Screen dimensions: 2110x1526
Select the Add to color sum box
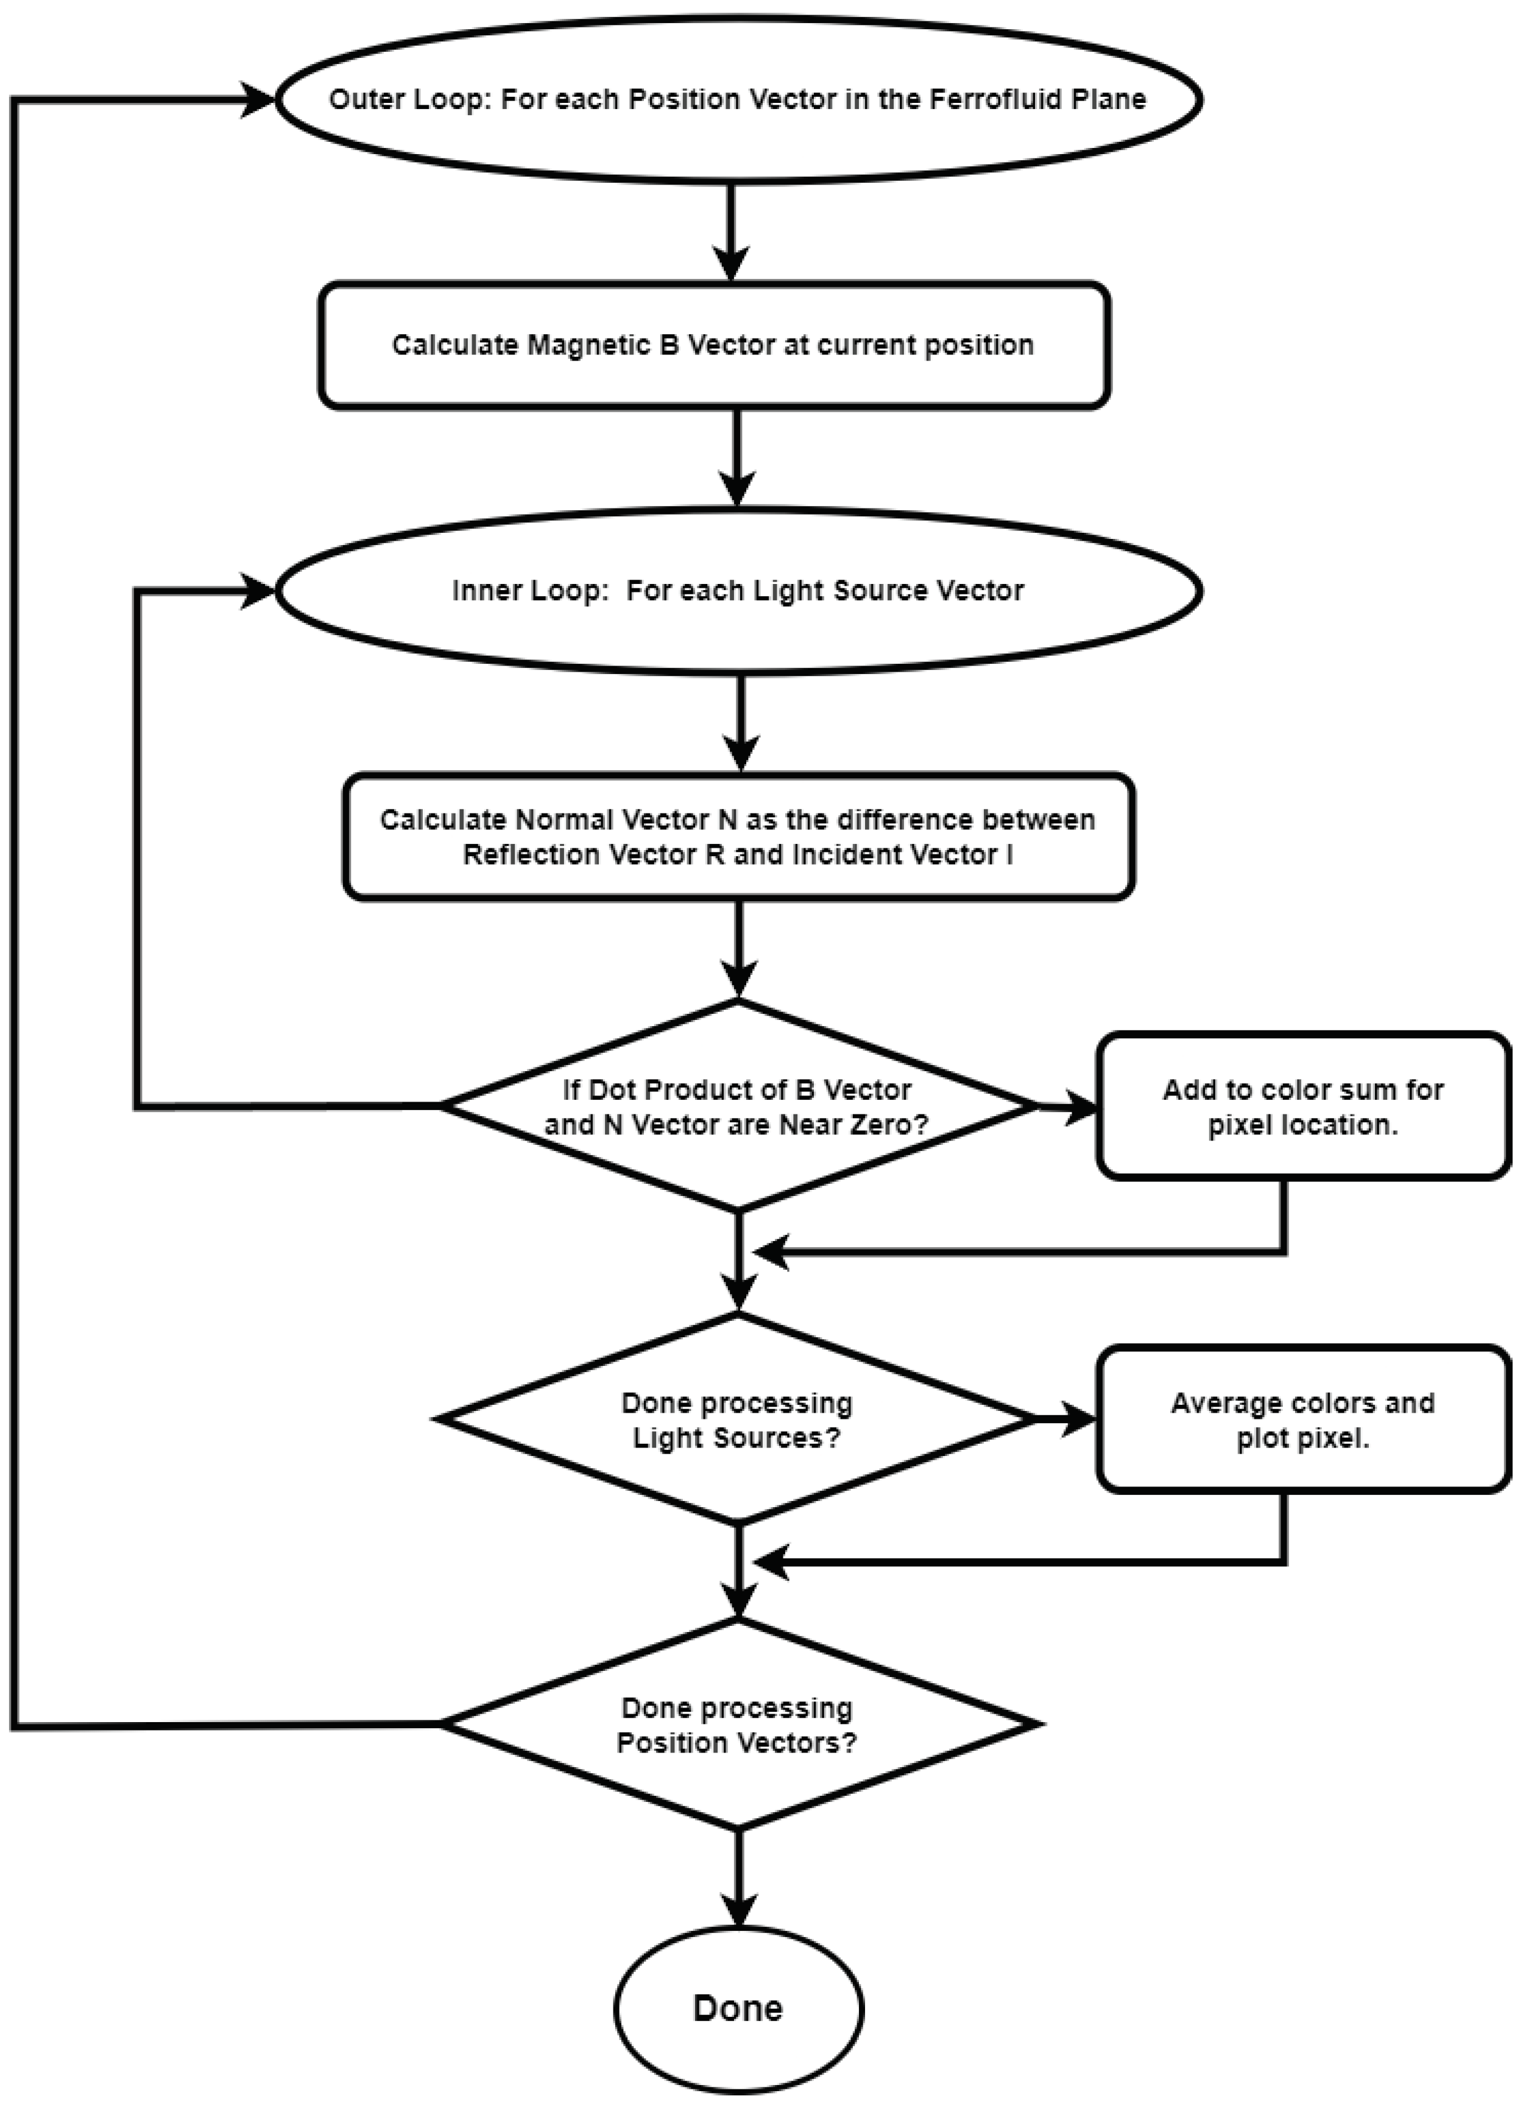[x=1302, y=1106]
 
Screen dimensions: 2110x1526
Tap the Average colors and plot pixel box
[x=1302, y=1419]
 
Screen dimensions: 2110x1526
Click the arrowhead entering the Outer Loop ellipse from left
[x=259, y=99]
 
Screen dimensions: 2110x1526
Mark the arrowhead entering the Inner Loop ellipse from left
[x=259, y=591]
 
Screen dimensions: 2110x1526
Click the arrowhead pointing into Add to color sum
[x=1081, y=1107]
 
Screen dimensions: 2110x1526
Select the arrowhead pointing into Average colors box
[x=1081, y=1419]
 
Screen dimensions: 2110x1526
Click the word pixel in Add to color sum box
[x=1240, y=1125]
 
